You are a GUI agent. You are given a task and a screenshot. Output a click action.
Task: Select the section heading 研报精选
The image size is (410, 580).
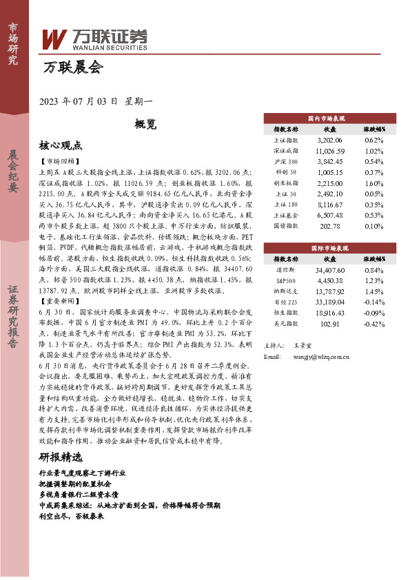61,457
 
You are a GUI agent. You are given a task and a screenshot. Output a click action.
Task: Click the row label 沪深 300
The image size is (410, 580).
286,160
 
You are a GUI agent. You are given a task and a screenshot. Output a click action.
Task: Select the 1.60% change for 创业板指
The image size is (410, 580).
373,183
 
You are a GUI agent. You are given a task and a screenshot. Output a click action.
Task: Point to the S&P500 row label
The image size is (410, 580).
286,280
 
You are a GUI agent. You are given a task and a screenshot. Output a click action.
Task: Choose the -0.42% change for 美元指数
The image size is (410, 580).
373,324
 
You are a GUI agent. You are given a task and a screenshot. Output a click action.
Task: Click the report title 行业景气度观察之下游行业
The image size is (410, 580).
83,474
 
